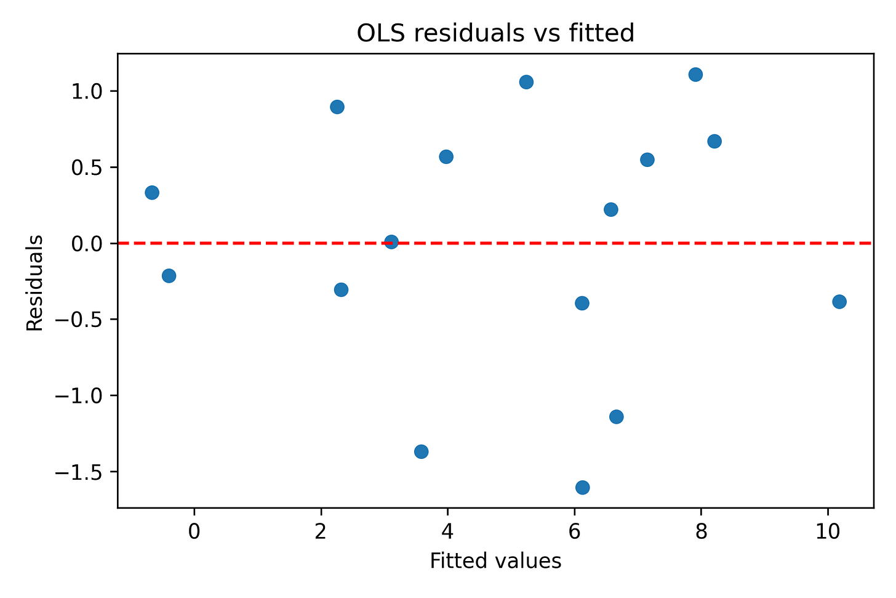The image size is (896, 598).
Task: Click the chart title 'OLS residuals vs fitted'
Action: pyautogui.click(x=495, y=33)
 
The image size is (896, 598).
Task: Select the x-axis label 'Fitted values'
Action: pyautogui.click(x=495, y=561)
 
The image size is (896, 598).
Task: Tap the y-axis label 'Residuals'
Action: pyautogui.click(x=34, y=283)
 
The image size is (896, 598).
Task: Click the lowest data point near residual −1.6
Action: pyautogui.click(x=582, y=487)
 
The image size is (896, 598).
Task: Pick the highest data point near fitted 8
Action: pyautogui.click(x=695, y=75)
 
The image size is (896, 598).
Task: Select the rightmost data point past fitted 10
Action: pyautogui.click(x=839, y=301)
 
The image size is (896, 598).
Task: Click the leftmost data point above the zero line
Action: pyautogui.click(x=152, y=192)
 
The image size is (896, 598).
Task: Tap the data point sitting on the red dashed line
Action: pyautogui.click(x=391, y=241)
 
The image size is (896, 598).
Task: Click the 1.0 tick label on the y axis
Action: pyautogui.click(x=89, y=91)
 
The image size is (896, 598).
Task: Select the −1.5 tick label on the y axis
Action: pyautogui.click(x=81, y=472)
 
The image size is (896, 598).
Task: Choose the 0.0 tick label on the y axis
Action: pyautogui.click(x=89, y=243)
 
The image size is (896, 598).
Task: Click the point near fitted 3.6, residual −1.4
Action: pyautogui.click(x=421, y=451)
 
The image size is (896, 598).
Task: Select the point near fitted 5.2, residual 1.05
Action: pyautogui.click(x=526, y=82)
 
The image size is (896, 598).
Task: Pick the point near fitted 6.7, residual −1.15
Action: pyautogui.click(x=616, y=416)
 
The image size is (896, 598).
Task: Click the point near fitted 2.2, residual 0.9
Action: pyautogui.click(x=337, y=107)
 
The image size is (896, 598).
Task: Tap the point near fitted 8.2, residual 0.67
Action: pyautogui.click(x=714, y=141)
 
